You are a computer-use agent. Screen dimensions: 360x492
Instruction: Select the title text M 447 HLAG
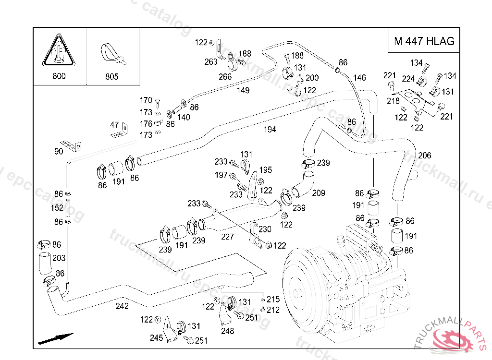click(424, 41)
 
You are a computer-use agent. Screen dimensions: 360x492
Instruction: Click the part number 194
click(270, 130)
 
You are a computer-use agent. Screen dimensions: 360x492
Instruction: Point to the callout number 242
click(122, 306)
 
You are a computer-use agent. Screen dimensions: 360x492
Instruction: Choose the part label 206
click(424, 156)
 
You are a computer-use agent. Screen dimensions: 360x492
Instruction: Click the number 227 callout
click(227, 237)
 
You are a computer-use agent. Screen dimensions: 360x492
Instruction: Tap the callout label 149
click(243, 90)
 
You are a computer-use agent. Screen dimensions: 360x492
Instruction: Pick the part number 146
click(359, 78)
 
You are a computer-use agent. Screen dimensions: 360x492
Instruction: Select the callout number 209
click(319, 193)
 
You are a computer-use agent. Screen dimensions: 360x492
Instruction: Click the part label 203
click(59, 258)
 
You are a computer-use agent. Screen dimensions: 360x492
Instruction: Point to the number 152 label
click(57, 208)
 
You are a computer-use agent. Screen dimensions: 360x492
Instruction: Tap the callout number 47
click(114, 125)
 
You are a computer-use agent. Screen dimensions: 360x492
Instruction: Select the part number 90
click(59, 152)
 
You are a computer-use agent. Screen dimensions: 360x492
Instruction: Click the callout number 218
click(393, 101)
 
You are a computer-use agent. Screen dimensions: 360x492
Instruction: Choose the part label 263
click(210, 61)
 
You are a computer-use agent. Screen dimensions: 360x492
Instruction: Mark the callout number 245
click(156, 338)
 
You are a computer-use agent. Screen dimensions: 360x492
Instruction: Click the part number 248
click(227, 331)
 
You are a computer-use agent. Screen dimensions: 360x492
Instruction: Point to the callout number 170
click(146, 100)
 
